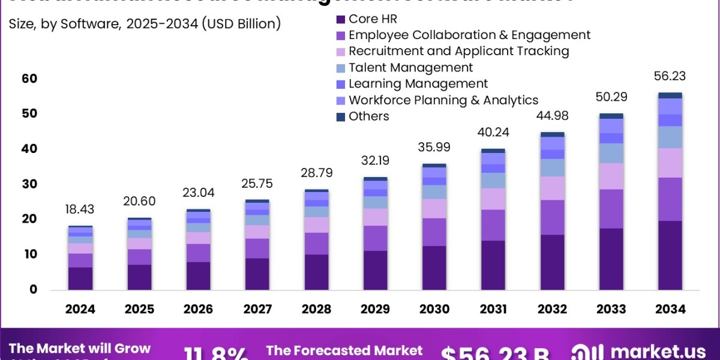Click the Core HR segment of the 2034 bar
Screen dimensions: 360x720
(x=670, y=255)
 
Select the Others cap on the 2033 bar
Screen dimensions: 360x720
(x=611, y=116)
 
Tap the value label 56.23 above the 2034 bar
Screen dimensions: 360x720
(x=670, y=76)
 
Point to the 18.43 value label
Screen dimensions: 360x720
(x=80, y=209)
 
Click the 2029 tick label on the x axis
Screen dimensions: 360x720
(x=375, y=309)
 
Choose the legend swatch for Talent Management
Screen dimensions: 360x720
(x=341, y=68)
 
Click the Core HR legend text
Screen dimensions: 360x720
(x=373, y=19)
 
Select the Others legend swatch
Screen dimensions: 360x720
(x=341, y=117)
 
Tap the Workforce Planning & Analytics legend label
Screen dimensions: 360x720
(x=443, y=100)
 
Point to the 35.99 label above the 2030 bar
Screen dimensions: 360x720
(x=434, y=147)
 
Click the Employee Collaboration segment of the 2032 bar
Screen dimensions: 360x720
(x=552, y=217)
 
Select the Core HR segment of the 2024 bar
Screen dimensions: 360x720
(x=80, y=278)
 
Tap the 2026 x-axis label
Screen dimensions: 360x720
(x=198, y=309)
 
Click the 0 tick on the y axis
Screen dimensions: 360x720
(x=33, y=290)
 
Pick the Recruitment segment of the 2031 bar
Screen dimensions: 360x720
(x=493, y=199)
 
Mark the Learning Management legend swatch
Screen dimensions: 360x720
(x=341, y=85)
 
